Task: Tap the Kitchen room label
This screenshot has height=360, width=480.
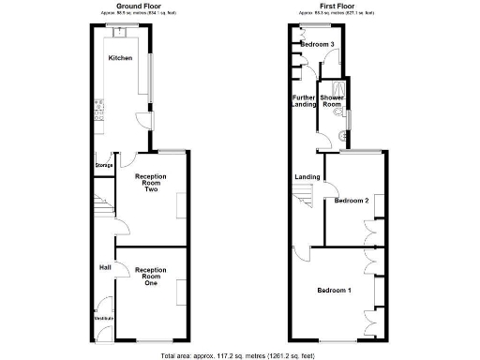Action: click(120, 58)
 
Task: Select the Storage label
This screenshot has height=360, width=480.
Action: click(103, 165)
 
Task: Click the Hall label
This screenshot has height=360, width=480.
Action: click(106, 267)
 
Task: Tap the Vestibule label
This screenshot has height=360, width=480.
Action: click(103, 319)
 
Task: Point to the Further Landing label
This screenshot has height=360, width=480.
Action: click(305, 100)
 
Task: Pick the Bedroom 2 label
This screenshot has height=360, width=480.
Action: click(352, 201)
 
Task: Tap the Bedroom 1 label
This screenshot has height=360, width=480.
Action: click(334, 290)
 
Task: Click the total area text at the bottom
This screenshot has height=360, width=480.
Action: click(241, 354)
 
